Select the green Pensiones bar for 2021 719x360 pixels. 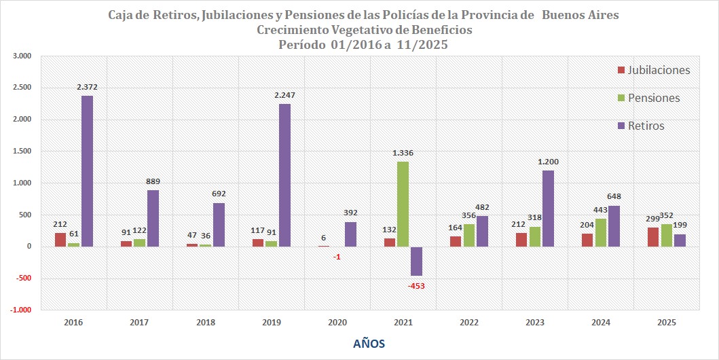[403, 204]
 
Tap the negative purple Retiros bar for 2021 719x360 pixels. [416, 261]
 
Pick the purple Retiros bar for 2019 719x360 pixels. [284, 175]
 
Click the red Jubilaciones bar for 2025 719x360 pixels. [653, 237]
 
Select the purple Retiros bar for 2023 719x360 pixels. [548, 209]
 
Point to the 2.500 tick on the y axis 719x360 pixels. [22, 88]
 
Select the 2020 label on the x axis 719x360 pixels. [337, 324]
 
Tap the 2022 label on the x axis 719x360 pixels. [469, 324]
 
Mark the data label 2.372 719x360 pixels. [88, 88]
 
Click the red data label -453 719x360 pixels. [417, 286]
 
